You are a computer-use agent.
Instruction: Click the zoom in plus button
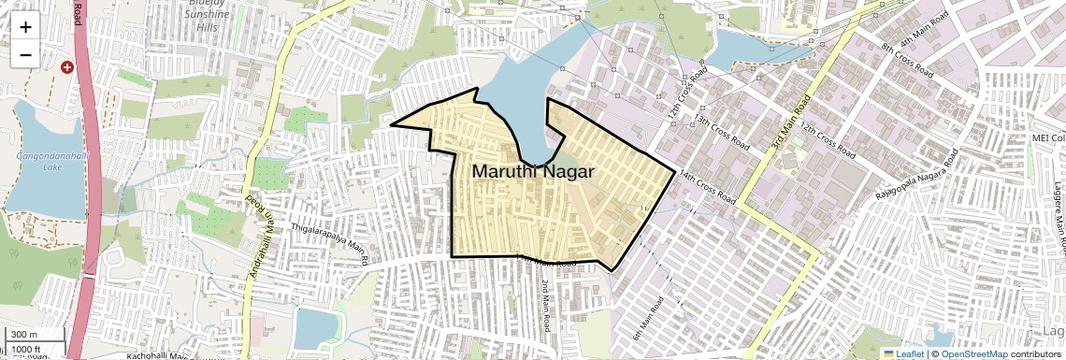point(25,26)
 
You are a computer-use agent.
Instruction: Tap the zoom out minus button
point(25,54)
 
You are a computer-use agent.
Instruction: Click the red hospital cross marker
point(66,67)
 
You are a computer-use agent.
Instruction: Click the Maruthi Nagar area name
point(533,172)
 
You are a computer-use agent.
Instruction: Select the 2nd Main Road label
point(544,306)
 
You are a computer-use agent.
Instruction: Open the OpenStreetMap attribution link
point(973,353)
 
